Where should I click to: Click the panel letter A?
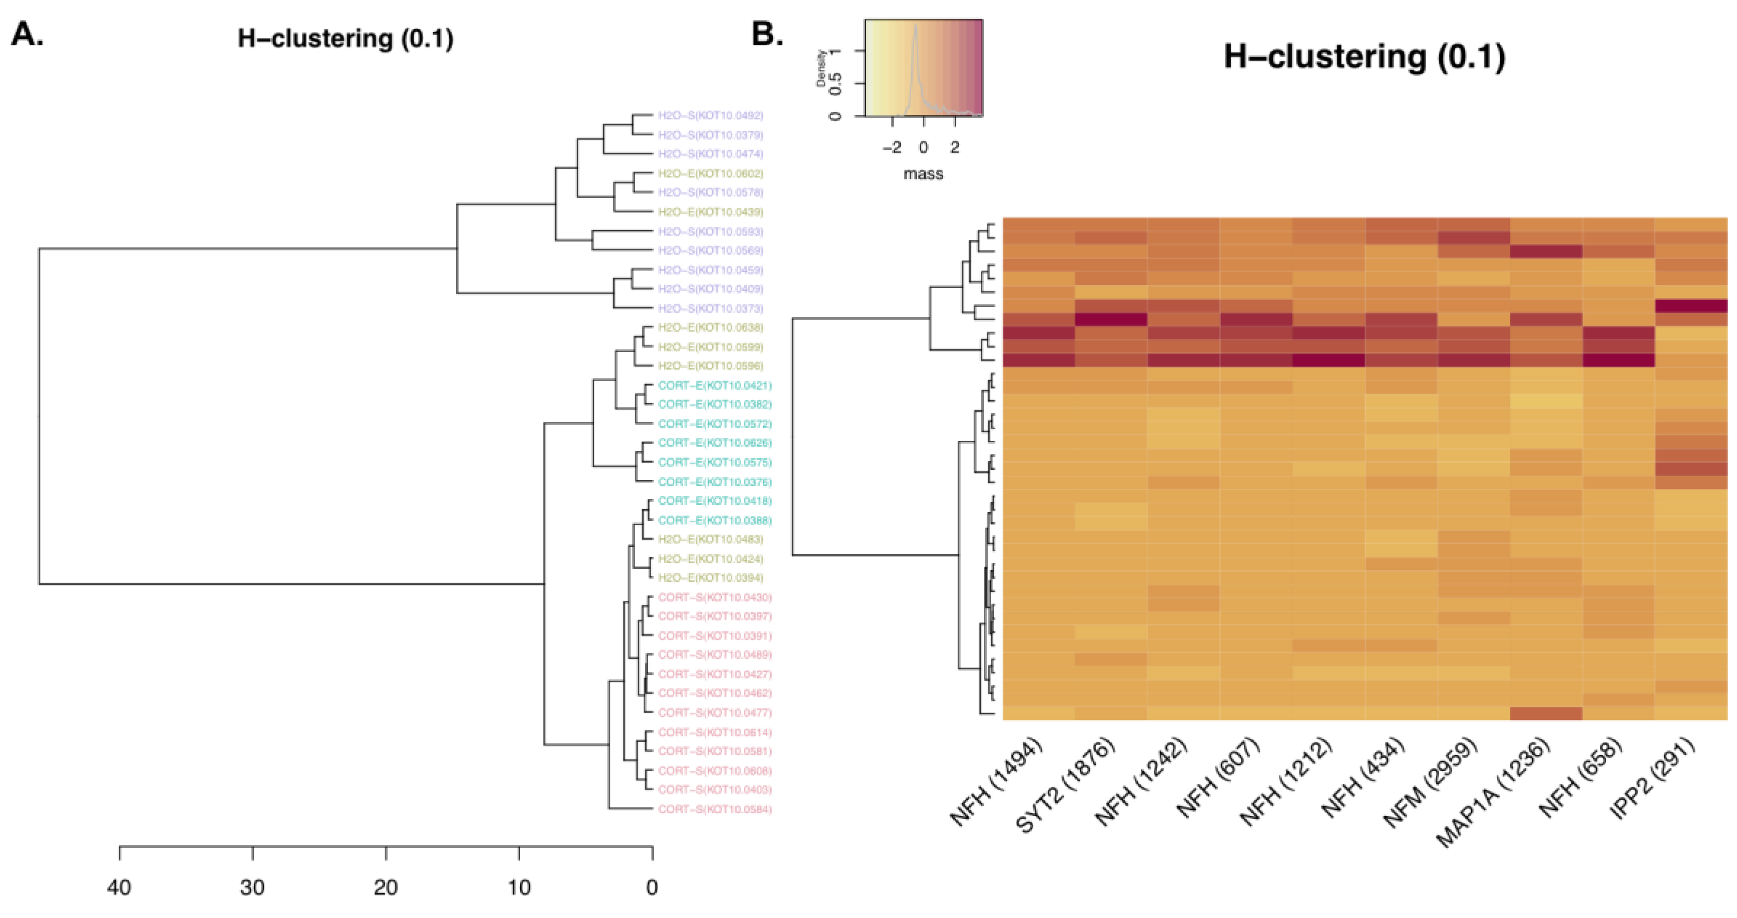(x=27, y=34)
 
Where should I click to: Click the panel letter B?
(x=767, y=34)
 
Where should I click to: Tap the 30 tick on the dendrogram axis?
(x=253, y=853)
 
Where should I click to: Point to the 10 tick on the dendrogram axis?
(x=519, y=853)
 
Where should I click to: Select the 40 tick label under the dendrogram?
(x=119, y=887)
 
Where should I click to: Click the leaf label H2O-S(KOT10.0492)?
(x=711, y=115)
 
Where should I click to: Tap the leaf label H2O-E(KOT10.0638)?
(x=711, y=327)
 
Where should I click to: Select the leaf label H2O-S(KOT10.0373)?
(x=711, y=308)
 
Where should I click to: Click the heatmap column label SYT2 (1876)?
(x=1065, y=786)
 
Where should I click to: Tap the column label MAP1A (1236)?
(x=1493, y=793)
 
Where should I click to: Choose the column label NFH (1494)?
(x=996, y=782)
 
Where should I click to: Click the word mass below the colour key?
(x=923, y=174)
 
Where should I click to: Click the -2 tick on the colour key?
(x=892, y=147)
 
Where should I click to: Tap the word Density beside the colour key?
(x=822, y=67)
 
